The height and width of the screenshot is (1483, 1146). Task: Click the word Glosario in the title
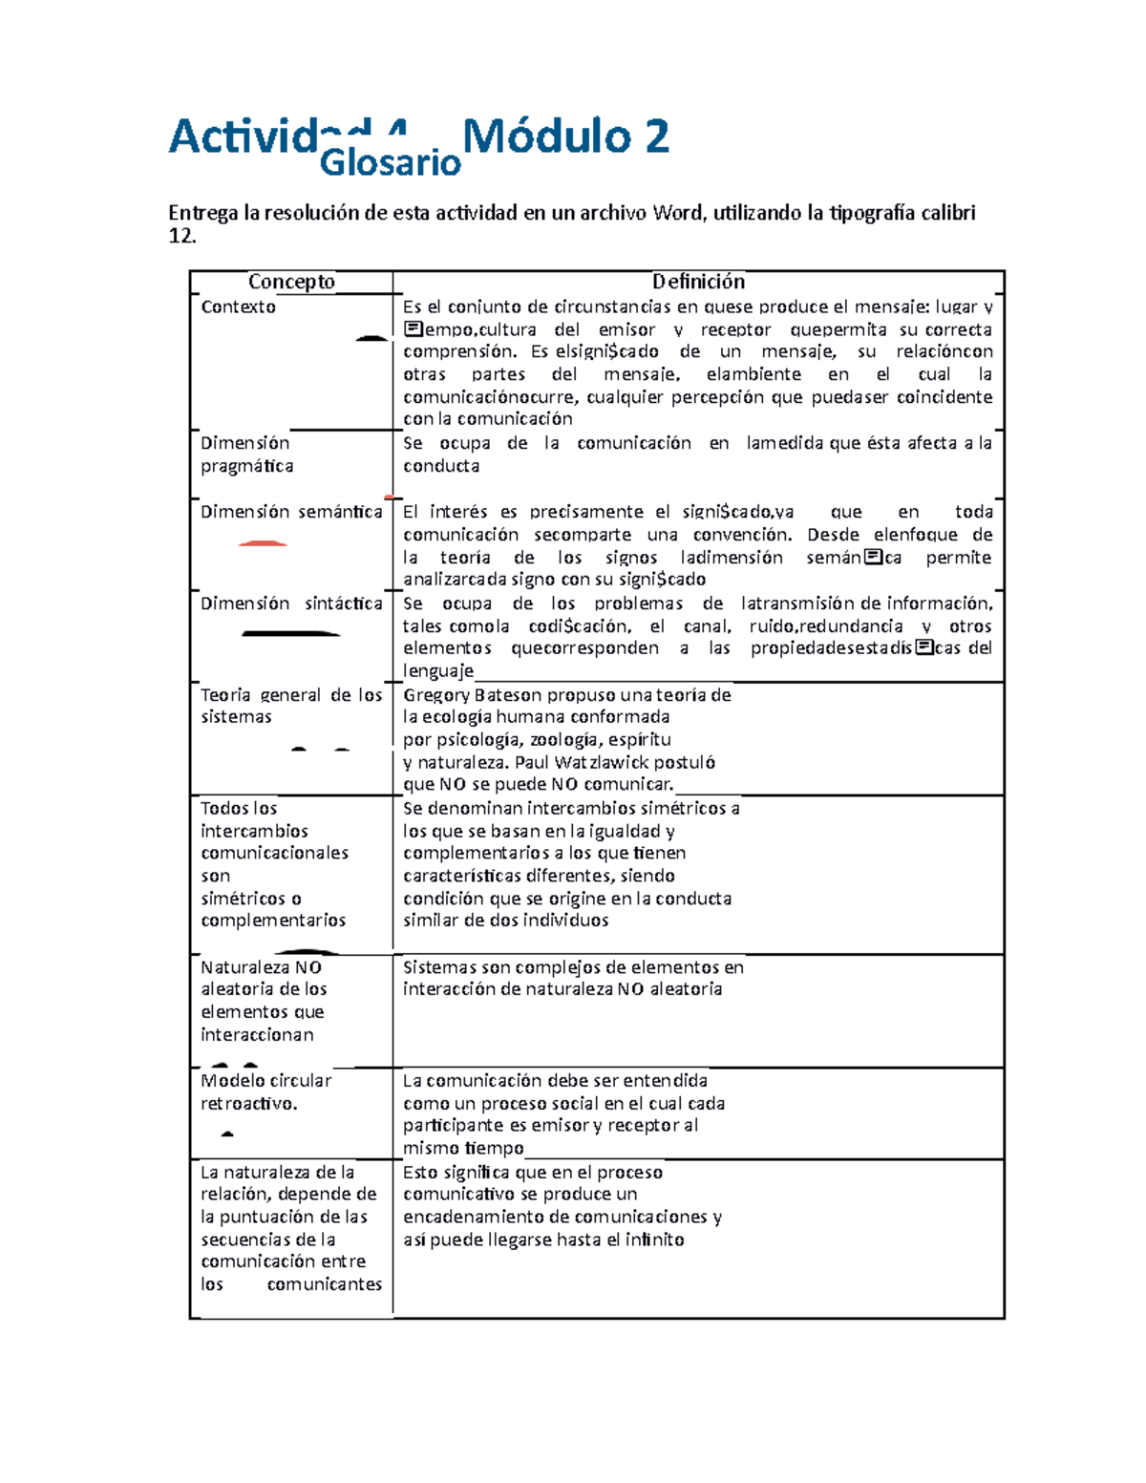point(390,163)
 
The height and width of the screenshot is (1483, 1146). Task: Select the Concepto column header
point(291,282)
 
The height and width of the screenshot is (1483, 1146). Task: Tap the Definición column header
point(698,282)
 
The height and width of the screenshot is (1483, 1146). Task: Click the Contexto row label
point(238,307)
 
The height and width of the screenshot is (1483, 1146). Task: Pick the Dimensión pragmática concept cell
point(246,455)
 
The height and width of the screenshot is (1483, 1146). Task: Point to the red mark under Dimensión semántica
point(263,543)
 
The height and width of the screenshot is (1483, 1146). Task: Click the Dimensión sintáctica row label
point(291,604)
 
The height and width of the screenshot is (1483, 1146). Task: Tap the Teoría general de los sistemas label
point(291,706)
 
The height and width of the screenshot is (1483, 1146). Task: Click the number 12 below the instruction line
point(180,236)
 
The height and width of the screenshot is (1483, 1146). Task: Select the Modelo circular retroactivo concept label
point(265,1091)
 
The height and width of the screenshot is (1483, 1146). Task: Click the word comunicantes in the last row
point(324,1284)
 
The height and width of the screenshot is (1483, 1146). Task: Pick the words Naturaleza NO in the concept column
point(261,967)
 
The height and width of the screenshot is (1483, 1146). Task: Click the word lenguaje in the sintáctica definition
point(437,671)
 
